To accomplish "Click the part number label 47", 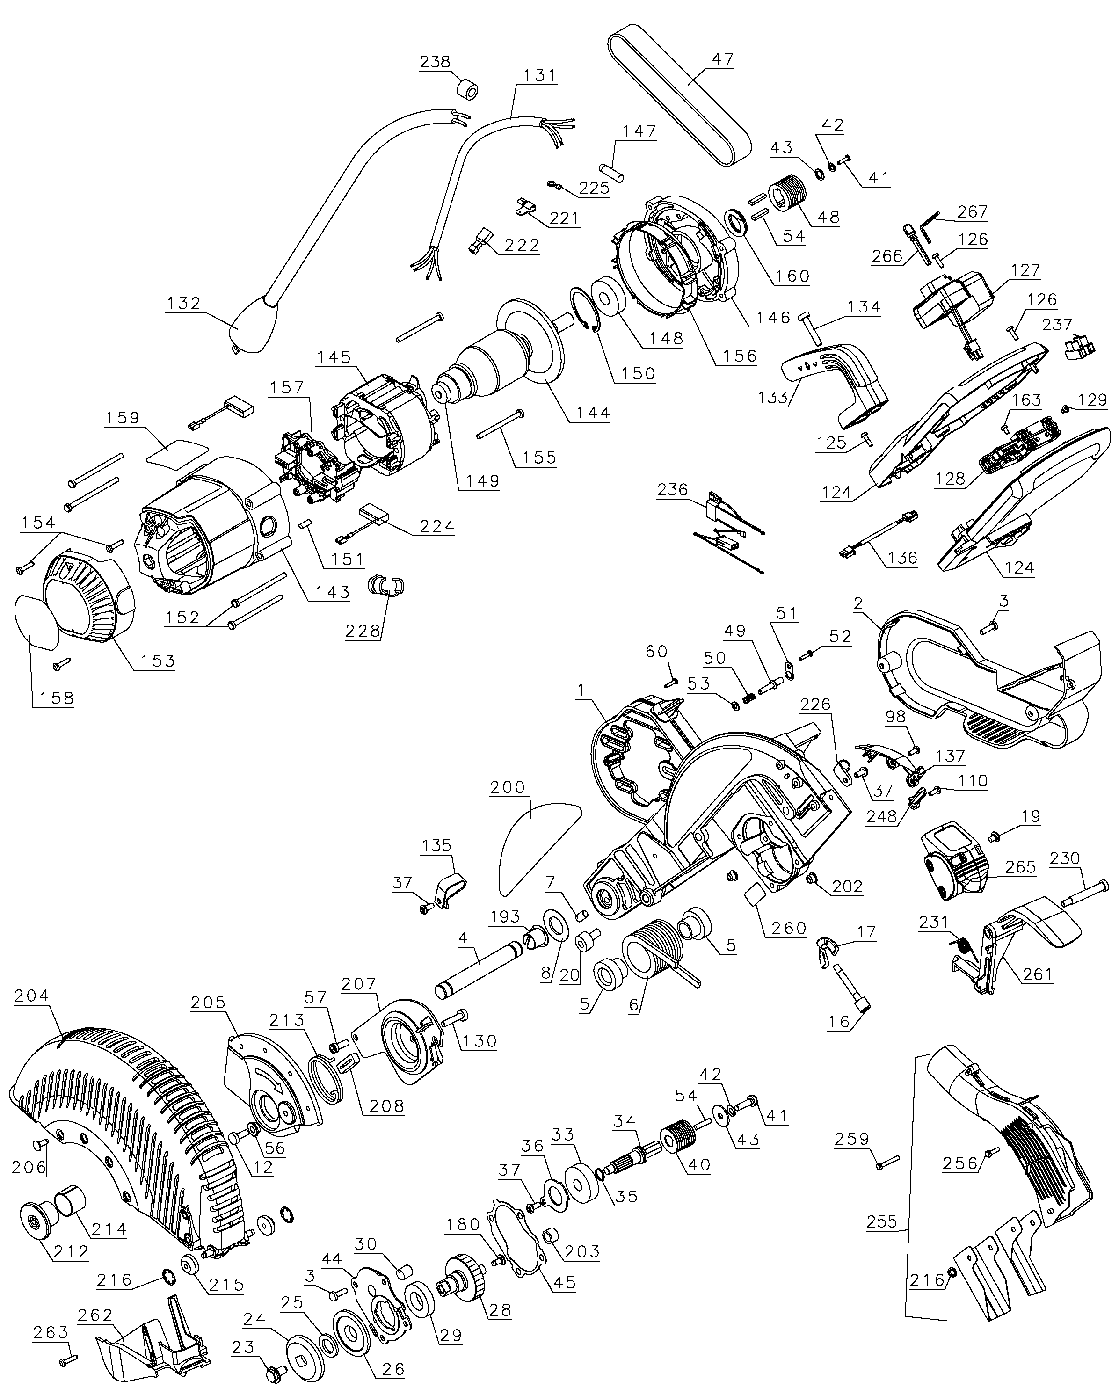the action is coord(723,59).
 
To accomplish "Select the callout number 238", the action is coord(435,61).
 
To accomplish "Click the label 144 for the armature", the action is coord(593,412).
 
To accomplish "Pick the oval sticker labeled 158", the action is coord(37,620).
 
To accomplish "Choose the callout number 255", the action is coord(882,1221).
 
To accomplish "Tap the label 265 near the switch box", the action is coord(1020,866).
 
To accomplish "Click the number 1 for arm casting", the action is coord(581,690).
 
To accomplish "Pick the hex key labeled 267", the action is coord(929,227).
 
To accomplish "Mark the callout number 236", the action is coord(672,490).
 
